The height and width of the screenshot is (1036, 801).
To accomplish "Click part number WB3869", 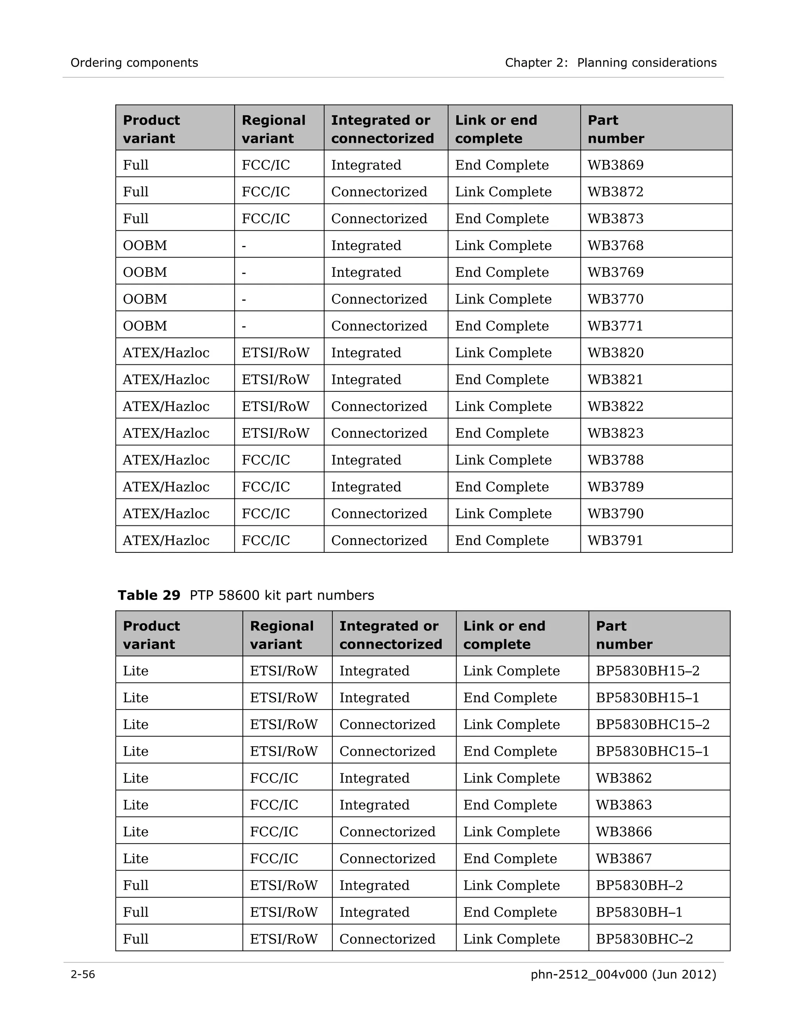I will tap(616, 165).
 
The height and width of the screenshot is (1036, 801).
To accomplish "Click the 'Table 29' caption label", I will tap(149, 595).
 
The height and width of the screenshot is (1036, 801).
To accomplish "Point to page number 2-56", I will tap(83, 974).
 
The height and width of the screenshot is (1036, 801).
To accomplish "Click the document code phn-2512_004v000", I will tap(588, 974).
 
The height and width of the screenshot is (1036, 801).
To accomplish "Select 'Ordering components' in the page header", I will tap(134, 63).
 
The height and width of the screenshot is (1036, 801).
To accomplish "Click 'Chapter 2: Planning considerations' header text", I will tap(610, 63).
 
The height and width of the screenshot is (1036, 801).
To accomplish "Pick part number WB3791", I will tap(615, 540).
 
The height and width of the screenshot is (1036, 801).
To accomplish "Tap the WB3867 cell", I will tap(623, 859).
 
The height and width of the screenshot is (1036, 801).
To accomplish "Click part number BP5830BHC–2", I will tap(644, 939).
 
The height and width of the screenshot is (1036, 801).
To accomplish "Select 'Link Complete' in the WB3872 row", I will tap(503, 192).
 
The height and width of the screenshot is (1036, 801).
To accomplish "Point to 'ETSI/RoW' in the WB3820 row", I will tap(275, 353).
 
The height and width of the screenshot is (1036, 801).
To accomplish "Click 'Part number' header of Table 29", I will tap(623, 635).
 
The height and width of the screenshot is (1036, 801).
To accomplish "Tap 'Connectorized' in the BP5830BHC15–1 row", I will tap(387, 751).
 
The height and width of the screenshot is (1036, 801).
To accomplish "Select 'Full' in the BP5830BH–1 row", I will tap(136, 912).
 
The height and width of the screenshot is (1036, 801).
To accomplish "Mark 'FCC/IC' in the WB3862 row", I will tap(274, 778).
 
